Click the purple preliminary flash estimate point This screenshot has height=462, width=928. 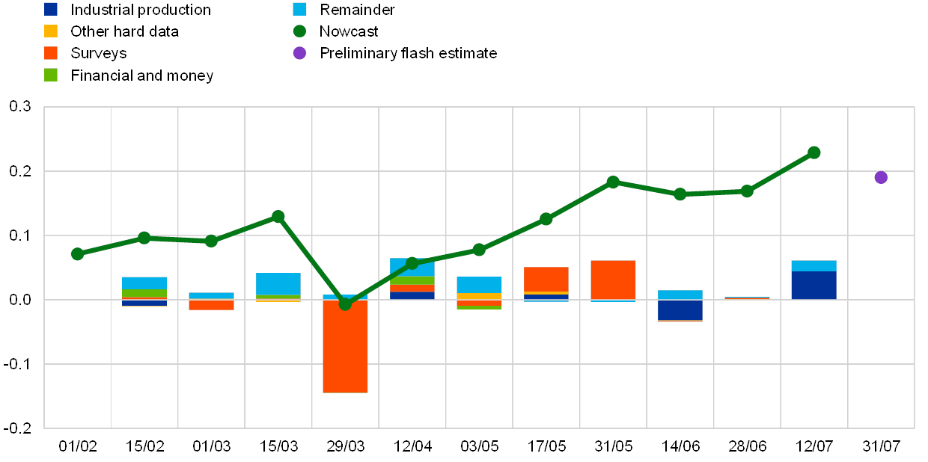click(x=881, y=177)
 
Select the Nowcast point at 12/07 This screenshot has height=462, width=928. click(x=813, y=153)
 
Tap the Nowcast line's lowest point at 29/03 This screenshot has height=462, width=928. click(x=345, y=304)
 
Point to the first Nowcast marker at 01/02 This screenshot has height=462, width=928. click(x=77, y=254)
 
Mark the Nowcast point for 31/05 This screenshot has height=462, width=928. click(x=613, y=182)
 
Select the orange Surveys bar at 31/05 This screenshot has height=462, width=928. click(x=613, y=280)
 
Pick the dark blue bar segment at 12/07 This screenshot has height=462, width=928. click(x=813, y=286)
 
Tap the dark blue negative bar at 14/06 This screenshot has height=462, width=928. click(x=680, y=309)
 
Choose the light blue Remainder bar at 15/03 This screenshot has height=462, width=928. click(x=278, y=284)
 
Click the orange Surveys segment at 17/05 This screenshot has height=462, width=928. click(x=546, y=279)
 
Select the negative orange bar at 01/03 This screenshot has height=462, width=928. click(x=211, y=305)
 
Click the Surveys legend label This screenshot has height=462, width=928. click(x=99, y=53)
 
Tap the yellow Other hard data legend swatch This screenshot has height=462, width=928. click(x=51, y=31)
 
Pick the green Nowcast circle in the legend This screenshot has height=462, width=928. click(x=300, y=31)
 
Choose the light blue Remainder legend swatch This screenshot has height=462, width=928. click(x=300, y=10)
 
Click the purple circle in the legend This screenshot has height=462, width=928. click(x=300, y=53)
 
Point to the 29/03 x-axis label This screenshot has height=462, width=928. click(x=345, y=446)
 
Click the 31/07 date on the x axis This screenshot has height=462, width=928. click(x=881, y=446)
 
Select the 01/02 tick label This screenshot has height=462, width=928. click(x=78, y=446)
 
